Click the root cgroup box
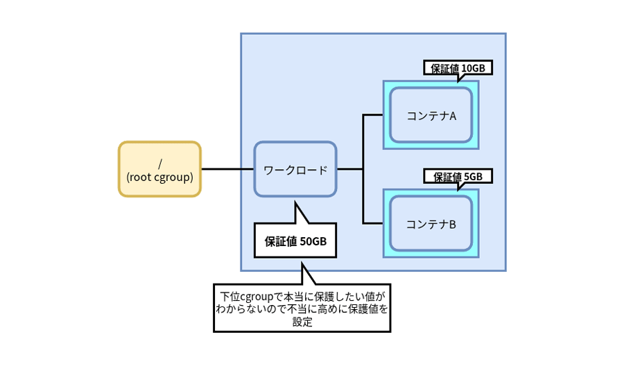tap(159, 169)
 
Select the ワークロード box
tap(295, 169)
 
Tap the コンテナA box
tap(431, 115)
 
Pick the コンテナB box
tap(431, 224)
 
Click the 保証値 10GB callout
tap(458, 68)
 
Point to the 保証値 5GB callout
tap(458, 176)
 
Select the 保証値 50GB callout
tap(295, 241)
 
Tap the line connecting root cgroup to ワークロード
tap(227, 169)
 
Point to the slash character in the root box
tap(160, 163)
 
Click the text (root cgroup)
tap(159, 177)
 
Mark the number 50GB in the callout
tap(313, 242)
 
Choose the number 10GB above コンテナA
tap(476, 68)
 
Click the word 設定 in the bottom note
tap(302, 322)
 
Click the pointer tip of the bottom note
tap(302, 263)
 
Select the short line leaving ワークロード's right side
tap(350, 169)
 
